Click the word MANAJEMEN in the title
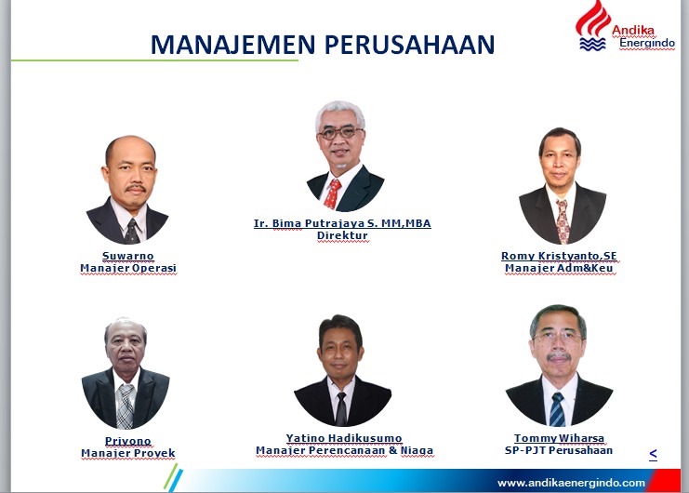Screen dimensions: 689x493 [x=232, y=45]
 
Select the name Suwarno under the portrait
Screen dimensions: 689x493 [x=128, y=256]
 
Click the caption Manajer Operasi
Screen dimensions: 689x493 [x=128, y=268]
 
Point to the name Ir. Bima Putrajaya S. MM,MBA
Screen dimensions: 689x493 [x=342, y=223]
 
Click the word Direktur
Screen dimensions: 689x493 [x=342, y=235]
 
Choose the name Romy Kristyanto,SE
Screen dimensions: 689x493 [x=559, y=256]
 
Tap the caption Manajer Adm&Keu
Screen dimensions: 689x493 [x=559, y=268]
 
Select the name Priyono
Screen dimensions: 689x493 [x=128, y=441]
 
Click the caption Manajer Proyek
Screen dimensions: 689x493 [x=128, y=453]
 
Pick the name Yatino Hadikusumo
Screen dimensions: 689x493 [x=344, y=438]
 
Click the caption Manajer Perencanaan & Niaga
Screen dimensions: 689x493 [x=344, y=450]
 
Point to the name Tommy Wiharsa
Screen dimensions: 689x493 [x=559, y=438]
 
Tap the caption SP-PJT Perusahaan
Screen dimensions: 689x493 [x=559, y=450]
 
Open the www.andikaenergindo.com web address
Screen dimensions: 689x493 [x=571, y=483]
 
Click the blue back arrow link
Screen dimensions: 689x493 [x=653, y=453]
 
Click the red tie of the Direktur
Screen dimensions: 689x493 [x=332, y=193]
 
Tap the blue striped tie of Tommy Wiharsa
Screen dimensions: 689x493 [x=557, y=409]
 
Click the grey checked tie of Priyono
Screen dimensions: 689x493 [x=126, y=406]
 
